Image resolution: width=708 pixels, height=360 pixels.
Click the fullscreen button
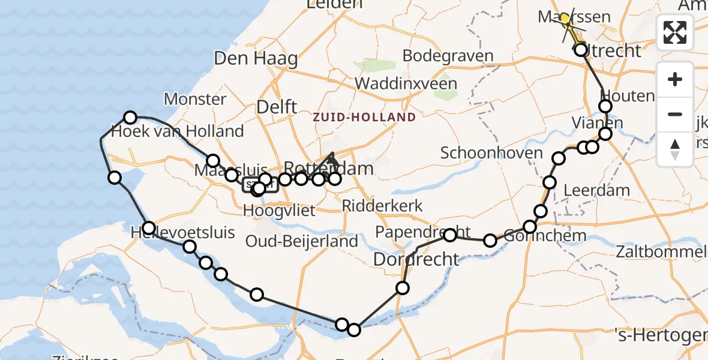(675, 32)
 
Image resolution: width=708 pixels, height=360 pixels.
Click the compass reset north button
(675, 149)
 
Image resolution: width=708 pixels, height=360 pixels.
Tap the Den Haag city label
(256, 59)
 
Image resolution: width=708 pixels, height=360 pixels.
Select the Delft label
(277, 107)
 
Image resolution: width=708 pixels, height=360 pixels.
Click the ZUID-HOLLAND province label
(364, 117)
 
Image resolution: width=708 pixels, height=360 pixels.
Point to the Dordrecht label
(416, 260)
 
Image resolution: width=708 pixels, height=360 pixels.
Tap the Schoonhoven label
(483, 152)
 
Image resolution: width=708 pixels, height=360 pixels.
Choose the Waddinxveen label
(406, 83)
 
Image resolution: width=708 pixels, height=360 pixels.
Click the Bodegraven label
(448, 56)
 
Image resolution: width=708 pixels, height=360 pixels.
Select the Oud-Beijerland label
(302, 241)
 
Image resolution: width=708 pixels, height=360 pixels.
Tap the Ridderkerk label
(382, 206)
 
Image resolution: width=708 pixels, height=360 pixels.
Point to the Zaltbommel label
(659, 251)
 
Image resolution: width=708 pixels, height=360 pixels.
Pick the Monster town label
(195, 99)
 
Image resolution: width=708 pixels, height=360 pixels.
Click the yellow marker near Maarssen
(565, 19)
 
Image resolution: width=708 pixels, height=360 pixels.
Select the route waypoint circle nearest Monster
(130, 118)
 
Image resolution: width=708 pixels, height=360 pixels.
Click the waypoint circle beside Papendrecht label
(450, 235)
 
